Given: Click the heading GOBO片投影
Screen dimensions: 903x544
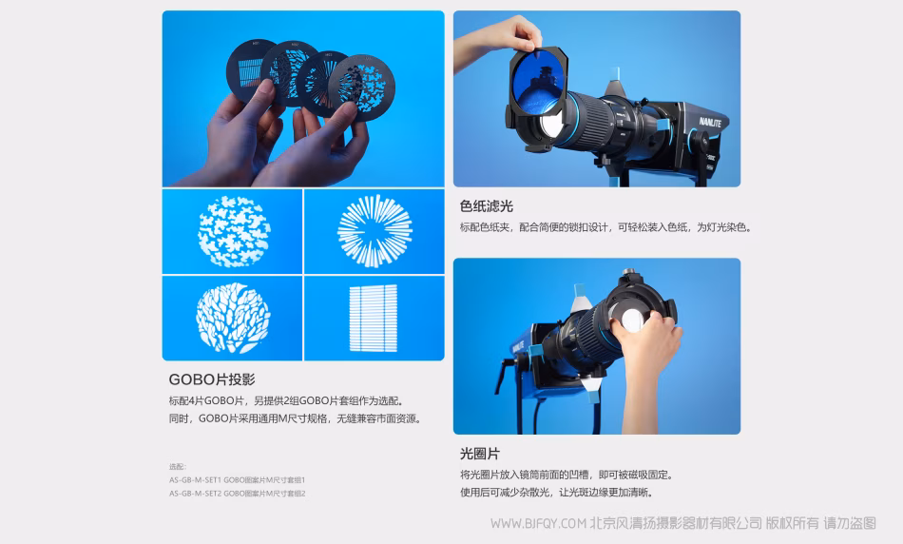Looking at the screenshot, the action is pyautogui.click(x=212, y=379).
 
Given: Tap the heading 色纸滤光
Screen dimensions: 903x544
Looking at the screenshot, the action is pyautogui.click(x=486, y=206).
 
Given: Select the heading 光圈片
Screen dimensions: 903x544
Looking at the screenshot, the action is pyautogui.click(x=479, y=454).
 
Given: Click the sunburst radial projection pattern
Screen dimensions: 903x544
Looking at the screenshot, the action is pyautogui.click(x=375, y=231).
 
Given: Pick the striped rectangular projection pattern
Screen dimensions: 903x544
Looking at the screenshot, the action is pyautogui.click(x=374, y=318).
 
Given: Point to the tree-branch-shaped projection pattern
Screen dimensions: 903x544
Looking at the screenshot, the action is pyautogui.click(x=233, y=318).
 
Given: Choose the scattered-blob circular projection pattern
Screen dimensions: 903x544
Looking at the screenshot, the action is pyautogui.click(x=235, y=231).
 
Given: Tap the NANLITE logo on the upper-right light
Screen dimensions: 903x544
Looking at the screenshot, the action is pyautogui.click(x=710, y=122).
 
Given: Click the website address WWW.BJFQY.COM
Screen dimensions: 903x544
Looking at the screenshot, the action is pyautogui.click(x=538, y=523).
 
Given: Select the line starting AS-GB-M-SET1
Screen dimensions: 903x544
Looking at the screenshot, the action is pyautogui.click(x=237, y=479).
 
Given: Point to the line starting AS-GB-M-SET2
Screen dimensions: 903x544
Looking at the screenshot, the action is pyautogui.click(x=237, y=494).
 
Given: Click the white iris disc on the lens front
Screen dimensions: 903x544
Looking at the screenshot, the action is pyautogui.click(x=632, y=321).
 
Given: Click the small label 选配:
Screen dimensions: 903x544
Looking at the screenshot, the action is pyautogui.click(x=178, y=466).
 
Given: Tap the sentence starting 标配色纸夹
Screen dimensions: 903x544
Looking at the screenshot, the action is pyautogui.click(x=605, y=227).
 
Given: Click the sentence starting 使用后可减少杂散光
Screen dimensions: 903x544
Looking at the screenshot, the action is pyautogui.click(x=556, y=492).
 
